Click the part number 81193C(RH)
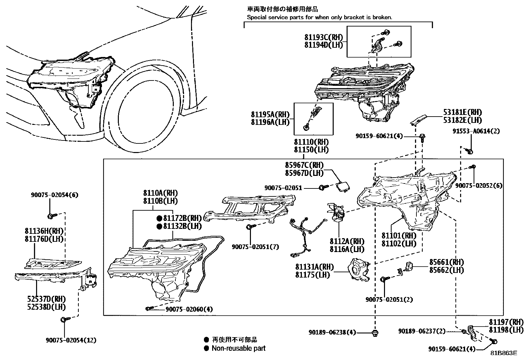[324, 37]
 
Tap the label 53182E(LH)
[462, 120]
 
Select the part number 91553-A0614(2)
[476, 131]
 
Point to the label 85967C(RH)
[304, 165]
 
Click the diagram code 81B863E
[503, 353]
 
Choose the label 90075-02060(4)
[189, 309]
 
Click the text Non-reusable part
[238, 348]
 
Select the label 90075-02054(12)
[72, 340]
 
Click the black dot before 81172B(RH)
[159, 218]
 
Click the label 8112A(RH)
[347, 241]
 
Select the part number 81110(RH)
[311, 142]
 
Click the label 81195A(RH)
[270, 115]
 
